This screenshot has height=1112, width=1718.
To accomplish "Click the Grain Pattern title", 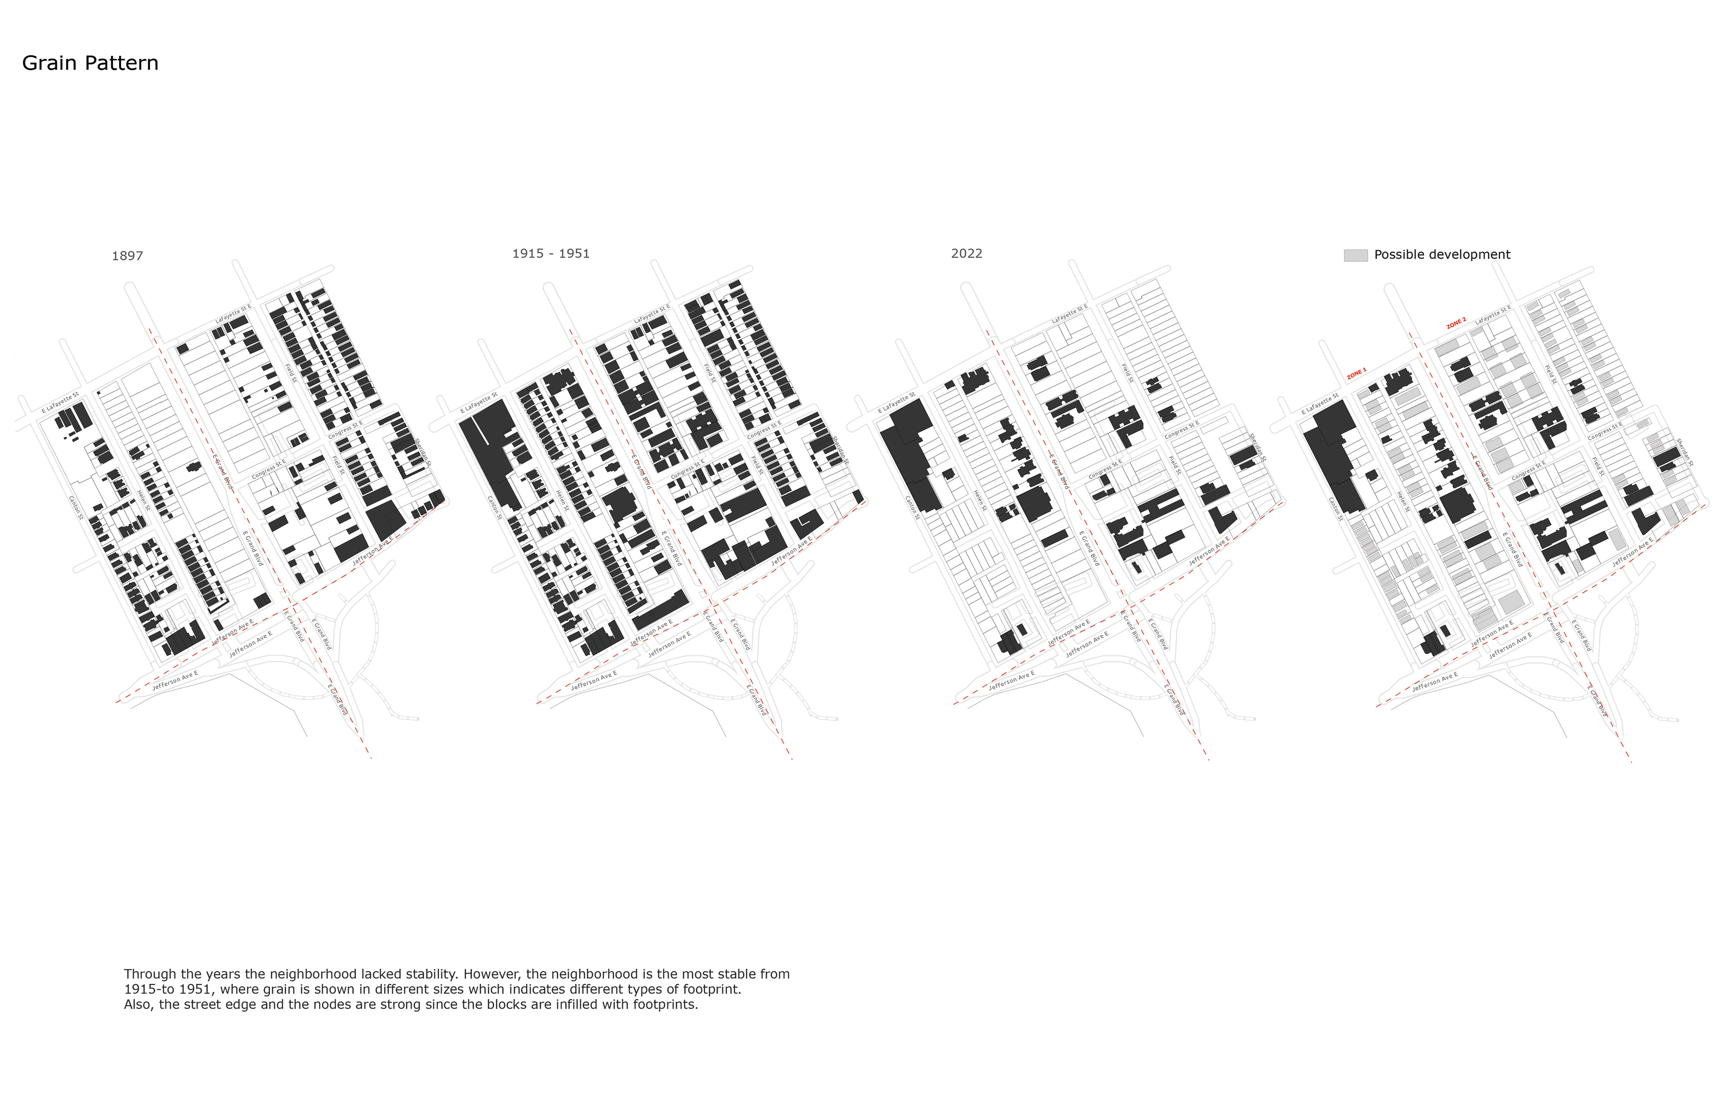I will pyautogui.click(x=90, y=64).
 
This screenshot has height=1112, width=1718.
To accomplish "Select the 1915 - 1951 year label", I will pyautogui.click(x=551, y=253).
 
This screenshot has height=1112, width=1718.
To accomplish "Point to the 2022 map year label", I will pyautogui.click(x=966, y=253).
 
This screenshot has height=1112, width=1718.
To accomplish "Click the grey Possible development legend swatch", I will pyautogui.click(x=1355, y=255).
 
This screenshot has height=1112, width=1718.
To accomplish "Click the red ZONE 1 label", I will pyautogui.click(x=1357, y=373).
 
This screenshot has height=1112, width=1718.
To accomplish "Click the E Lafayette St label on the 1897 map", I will pyautogui.click(x=60, y=403).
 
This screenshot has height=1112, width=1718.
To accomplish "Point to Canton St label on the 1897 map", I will pyautogui.click(x=76, y=507).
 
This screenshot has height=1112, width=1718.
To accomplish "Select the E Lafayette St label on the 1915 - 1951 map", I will pyautogui.click(x=479, y=403).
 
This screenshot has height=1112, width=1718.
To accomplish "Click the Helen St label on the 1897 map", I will pyautogui.click(x=144, y=500).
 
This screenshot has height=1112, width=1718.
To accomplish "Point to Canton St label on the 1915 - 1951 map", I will pyautogui.click(x=494, y=507).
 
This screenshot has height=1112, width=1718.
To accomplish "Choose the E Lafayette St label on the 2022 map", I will pyautogui.click(x=897, y=403).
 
